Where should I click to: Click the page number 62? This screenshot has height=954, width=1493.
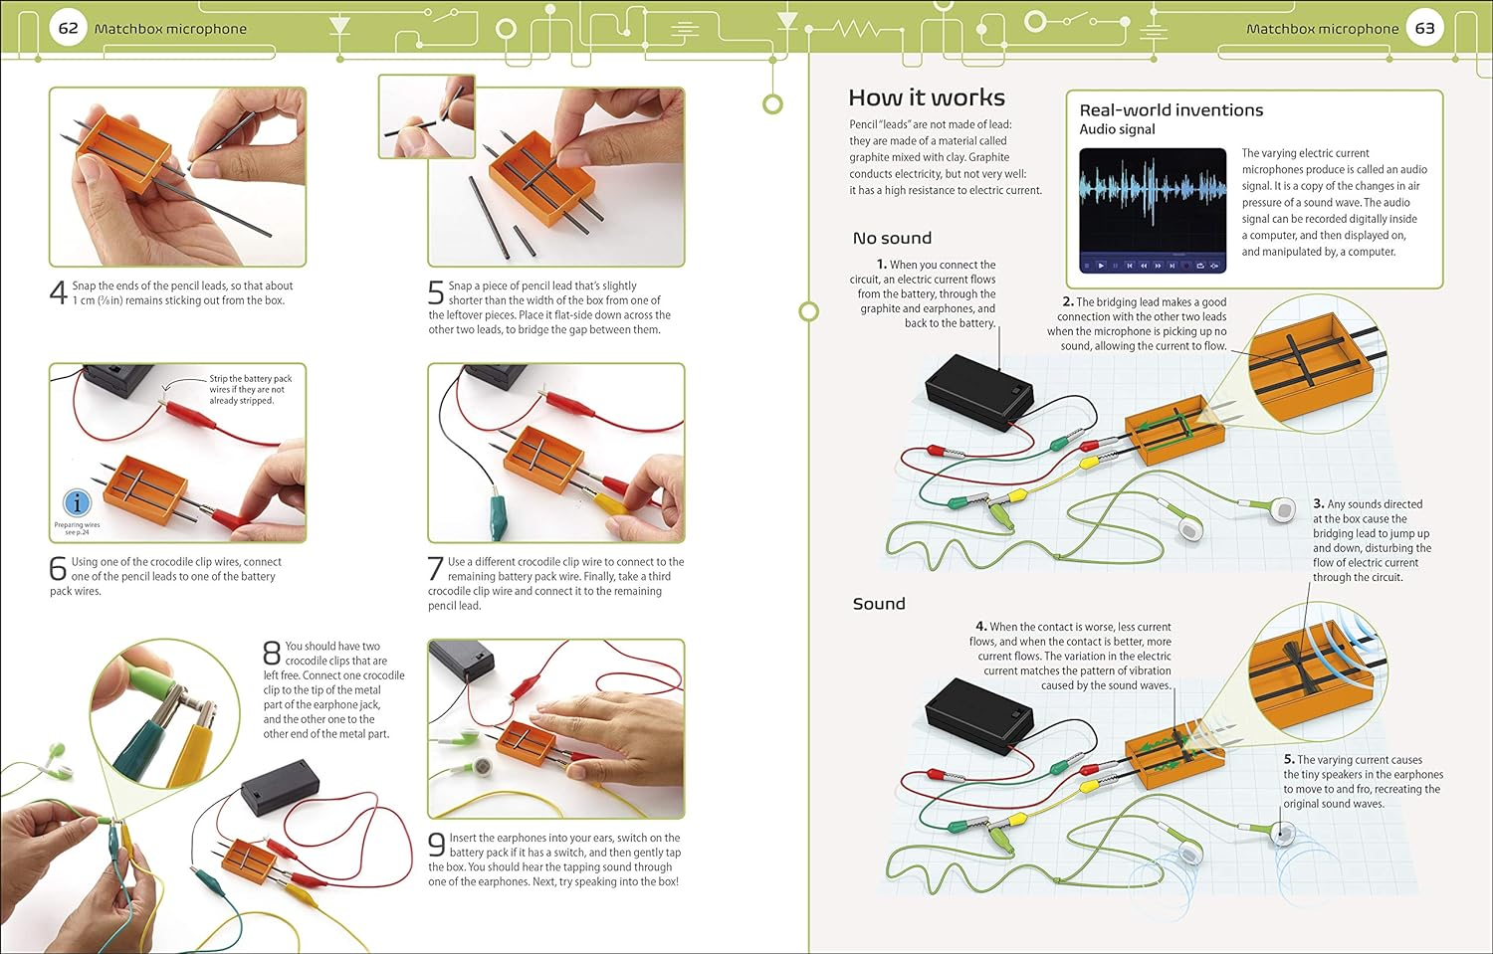[68, 28]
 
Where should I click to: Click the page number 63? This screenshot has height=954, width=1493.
[1424, 28]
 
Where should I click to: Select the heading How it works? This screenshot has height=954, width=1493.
[926, 97]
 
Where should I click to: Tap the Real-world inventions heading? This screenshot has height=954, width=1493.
[1171, 110]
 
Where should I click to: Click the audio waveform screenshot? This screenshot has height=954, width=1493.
[1153, 210]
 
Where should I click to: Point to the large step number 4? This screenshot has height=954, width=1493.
[59, 293]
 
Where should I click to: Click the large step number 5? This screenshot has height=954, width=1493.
[436, 293]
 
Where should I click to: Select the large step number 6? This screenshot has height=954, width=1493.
[59, 569]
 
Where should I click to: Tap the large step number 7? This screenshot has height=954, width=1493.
[436, 569]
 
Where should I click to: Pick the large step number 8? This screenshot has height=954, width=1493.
[272, 653]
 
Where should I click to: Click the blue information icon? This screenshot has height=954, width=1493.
[77, 503]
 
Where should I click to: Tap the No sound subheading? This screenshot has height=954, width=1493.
[892, 238]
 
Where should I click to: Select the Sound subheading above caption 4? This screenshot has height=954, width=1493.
[879, 604]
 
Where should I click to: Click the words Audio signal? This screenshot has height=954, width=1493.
[1117, 129]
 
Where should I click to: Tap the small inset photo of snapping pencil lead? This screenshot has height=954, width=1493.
[426, 116]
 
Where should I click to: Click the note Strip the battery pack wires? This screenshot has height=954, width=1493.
[250, 389]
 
